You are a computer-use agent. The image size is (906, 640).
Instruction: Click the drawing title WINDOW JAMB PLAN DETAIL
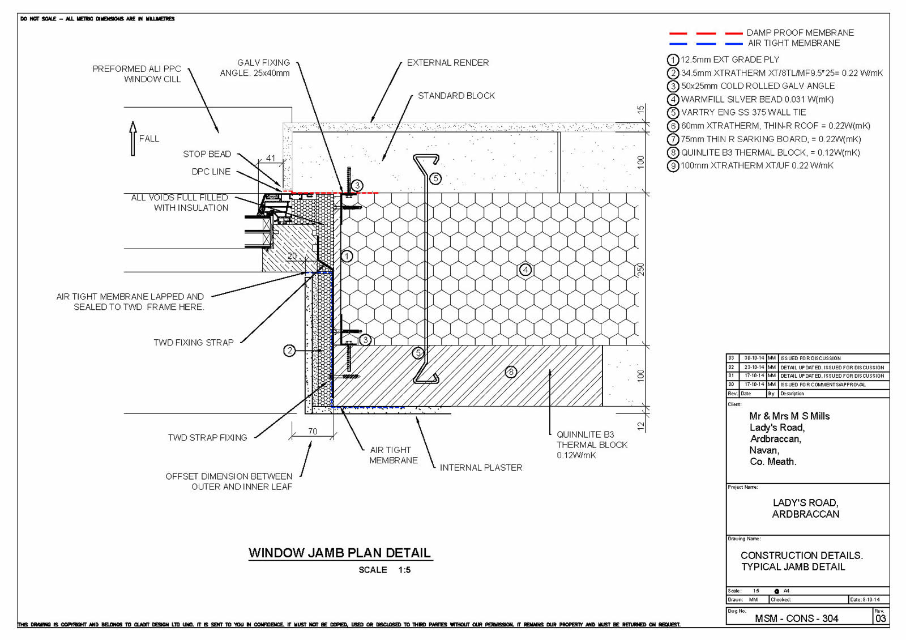340,553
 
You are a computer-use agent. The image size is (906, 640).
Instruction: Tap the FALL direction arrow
133,138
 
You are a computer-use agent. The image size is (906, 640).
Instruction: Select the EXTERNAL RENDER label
447,63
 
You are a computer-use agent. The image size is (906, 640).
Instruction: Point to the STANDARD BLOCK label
456,96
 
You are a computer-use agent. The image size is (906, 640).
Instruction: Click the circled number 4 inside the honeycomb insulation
525,270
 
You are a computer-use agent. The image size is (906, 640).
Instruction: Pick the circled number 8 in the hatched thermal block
511,372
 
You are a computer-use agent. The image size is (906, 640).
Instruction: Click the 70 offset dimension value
313,432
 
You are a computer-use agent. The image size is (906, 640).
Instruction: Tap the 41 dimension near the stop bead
271,159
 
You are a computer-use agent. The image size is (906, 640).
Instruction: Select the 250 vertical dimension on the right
640,269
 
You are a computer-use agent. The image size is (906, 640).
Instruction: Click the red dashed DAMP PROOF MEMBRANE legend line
706,33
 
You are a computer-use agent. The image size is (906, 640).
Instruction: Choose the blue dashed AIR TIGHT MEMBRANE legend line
706,44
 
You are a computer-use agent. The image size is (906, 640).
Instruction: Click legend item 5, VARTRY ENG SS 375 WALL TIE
743,113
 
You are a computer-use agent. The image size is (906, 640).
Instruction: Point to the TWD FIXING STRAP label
193,343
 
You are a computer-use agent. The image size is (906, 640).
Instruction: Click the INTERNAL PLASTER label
481,468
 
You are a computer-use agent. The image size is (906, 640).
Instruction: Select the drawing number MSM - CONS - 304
796,618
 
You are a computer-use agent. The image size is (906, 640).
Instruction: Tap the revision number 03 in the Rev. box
881,618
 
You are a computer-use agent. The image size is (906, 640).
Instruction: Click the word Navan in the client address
764,450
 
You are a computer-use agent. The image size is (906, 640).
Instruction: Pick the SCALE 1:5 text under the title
384,570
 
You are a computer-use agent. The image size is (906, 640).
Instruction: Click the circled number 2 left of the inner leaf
289,351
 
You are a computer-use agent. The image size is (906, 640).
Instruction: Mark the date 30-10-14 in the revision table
754,359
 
